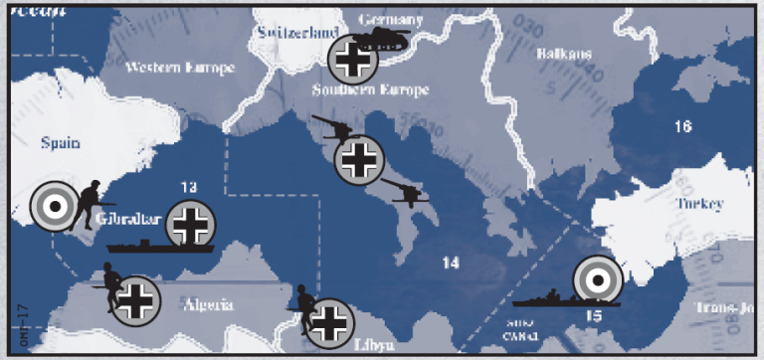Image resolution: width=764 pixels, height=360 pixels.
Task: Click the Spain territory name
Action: tap(60, 142)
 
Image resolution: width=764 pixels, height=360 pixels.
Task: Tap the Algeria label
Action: tap(207, 304)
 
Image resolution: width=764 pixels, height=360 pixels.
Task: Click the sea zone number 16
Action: tap(681, 126)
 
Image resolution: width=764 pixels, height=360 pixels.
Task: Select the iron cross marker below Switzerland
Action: tap(352, 62)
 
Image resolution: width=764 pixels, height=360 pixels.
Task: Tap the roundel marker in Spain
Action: tap(54, 207)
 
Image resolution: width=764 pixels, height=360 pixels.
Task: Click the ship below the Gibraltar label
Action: tap(149, 245)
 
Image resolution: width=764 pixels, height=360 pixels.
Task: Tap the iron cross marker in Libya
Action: tap(328, 323)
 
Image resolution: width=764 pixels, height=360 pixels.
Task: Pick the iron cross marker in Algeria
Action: tap(135, 299)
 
